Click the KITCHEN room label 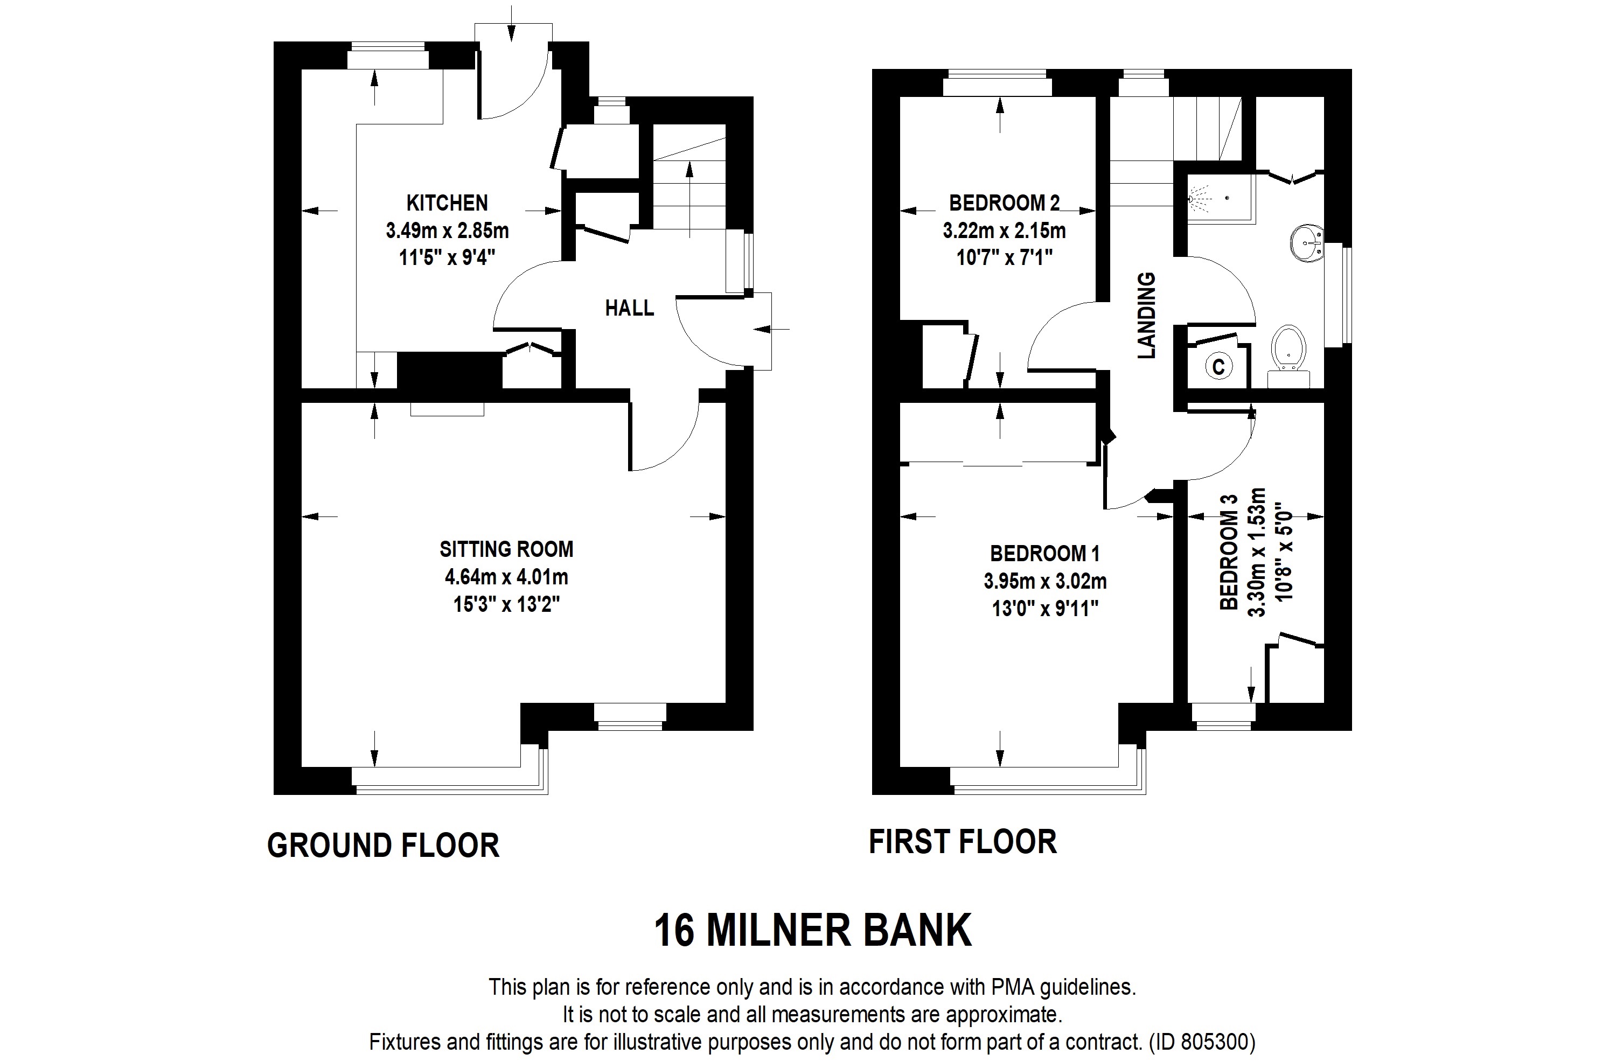[x=447, y=203]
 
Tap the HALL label [x=629, y=308]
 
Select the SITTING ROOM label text [x=506, y=548]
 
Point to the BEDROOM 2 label [x=1004, y=203]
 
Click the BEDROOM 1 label [x=1044, y=553]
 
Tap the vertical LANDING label [x=1146, y=316]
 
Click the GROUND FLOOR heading [x=383, y=845]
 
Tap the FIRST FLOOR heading [x=963, y=842]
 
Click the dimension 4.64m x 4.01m [x=506, y=577]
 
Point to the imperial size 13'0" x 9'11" [x=1045, y=609]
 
